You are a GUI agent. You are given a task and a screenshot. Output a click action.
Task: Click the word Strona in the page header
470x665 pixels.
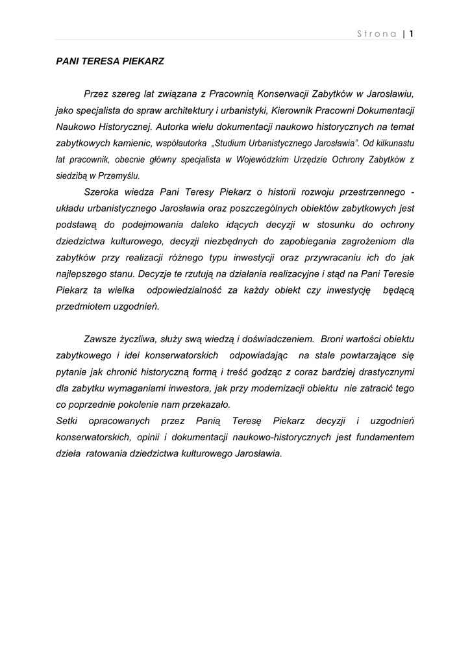(377, 34)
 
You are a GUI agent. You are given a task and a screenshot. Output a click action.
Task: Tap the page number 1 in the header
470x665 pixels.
(412, 34)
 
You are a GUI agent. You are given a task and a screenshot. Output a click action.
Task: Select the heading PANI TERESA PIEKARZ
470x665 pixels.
(110, 62)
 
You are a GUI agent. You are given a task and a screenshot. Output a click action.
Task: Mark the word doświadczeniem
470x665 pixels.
(275, 339)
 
